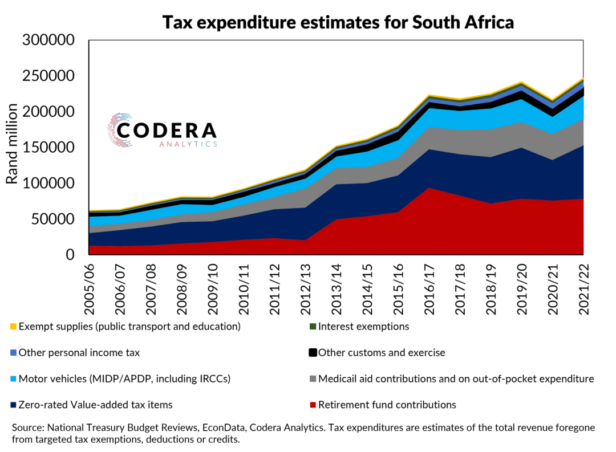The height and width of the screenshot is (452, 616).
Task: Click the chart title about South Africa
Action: click(338, 22)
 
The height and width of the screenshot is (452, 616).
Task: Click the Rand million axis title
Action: click(12, 144)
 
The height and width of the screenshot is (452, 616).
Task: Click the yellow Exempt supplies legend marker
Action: click(13, 327)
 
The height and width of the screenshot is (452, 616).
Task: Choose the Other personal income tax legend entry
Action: click(79, 352)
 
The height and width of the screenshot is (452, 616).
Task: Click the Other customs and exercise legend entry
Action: click(381, 352)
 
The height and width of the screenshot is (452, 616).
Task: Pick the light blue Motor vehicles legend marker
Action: click(13, 378)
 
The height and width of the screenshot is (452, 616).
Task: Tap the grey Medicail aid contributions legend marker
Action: click(313, 378)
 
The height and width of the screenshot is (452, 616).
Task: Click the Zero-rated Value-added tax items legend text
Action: click(95, 405)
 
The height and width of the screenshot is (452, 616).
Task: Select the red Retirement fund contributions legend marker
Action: click(313, 405)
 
